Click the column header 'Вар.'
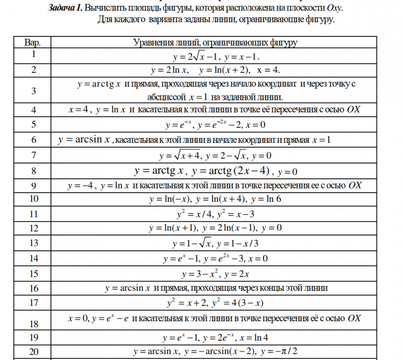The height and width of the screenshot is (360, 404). tap(33, 42)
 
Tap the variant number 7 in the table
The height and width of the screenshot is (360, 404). tap(34, 155)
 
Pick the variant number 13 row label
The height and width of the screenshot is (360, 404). tap(34, 243)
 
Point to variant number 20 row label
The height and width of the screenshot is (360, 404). tap(34, 352)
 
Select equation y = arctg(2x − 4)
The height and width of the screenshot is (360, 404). tap(231, 171)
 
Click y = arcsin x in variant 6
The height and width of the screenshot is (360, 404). tap(84, 140)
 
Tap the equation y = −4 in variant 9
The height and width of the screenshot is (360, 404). tap(81, 186)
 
